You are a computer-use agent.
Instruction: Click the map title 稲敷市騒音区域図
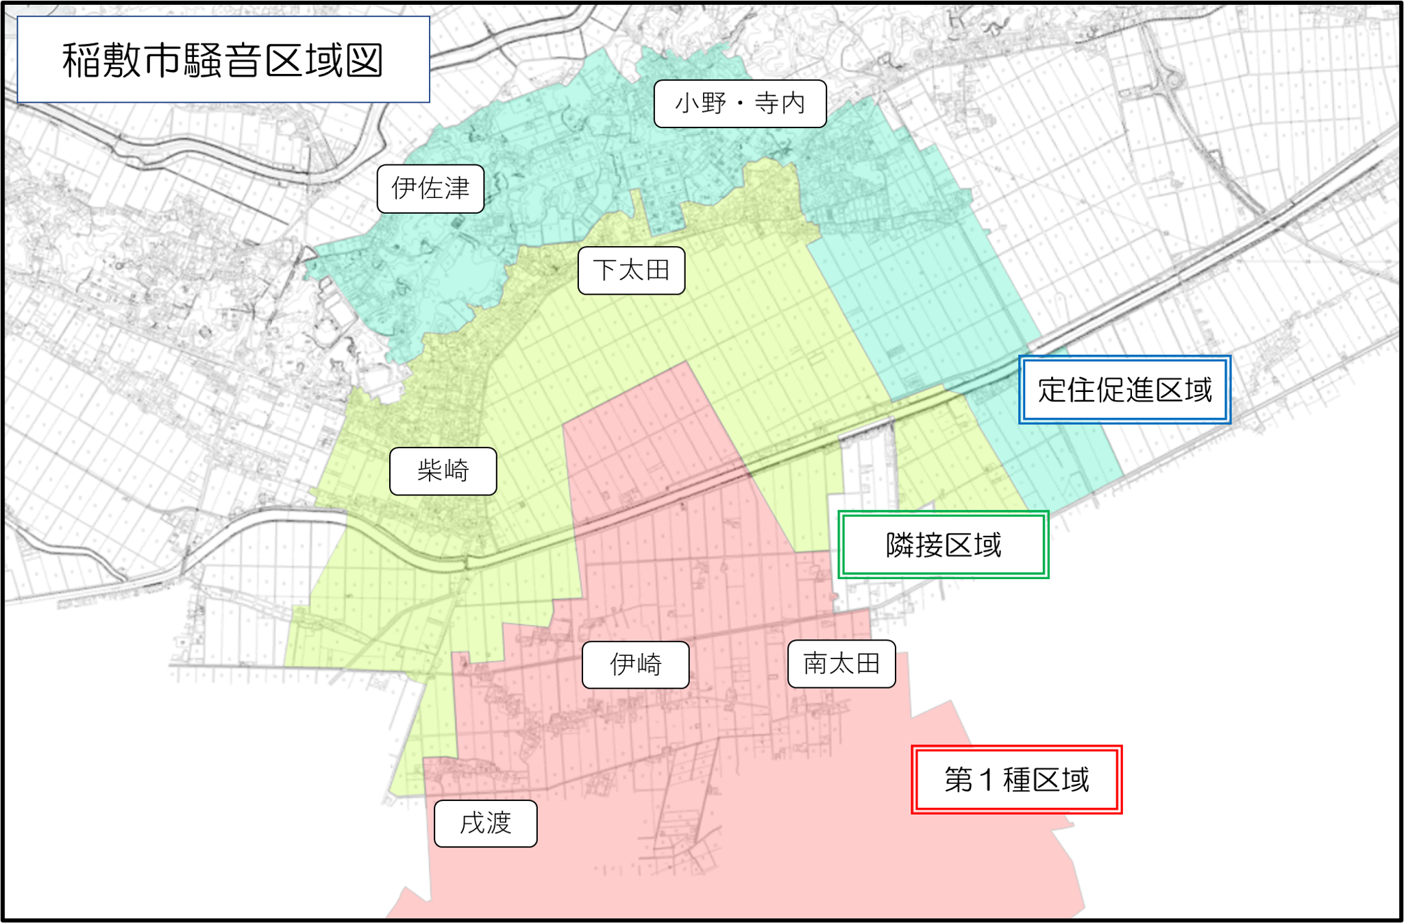click(x=223, y=60)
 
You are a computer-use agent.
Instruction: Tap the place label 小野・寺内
click(x=740, y=103)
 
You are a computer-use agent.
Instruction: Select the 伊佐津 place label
click(x=430, y=188)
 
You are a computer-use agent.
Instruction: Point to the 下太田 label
click(x=631, y=270)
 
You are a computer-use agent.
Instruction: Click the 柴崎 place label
click(x=443, y=471)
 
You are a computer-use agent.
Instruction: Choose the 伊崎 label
click(x=635, y=664)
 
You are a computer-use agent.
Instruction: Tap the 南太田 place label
click(x=841, y=663)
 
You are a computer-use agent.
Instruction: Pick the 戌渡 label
click(x=485, y=823)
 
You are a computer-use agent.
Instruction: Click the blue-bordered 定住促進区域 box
click(x=1124, y=389)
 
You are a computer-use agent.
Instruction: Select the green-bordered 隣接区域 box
click(x=943, y=545)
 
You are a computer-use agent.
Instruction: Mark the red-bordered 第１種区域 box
click(x=1016, y=780)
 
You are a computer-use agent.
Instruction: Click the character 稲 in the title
click(x=81, y=60)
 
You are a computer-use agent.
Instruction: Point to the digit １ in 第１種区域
click(x=987, y=780)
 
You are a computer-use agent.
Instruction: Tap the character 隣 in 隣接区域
click(x=900, y=545)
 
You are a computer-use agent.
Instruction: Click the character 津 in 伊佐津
click(x=456, y=188)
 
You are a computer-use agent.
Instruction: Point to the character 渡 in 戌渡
click(x=499, y=823)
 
